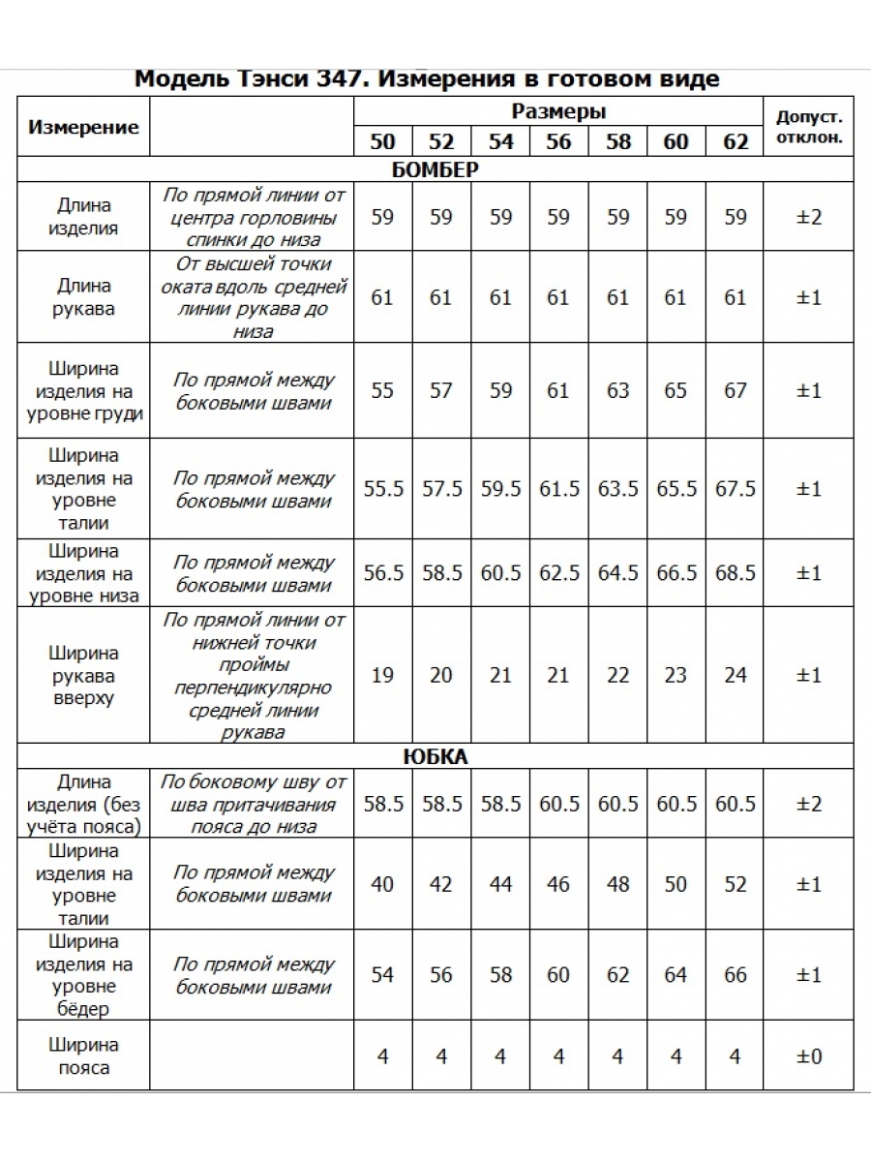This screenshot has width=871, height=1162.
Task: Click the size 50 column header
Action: pos(383,141)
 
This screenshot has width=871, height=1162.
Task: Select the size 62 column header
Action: pos(736,141)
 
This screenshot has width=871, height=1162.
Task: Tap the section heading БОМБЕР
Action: pos(435,169)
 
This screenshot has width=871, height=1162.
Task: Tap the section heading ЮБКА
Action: pos(435,757)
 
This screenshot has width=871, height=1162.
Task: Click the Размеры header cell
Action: pos(558,111)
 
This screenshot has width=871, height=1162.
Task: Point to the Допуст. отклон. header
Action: pos(809,127)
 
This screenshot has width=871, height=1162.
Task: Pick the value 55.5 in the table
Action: pos(383,489)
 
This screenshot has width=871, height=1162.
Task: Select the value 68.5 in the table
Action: pos(736,573)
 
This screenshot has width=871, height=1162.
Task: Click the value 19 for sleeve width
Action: pos(383,675)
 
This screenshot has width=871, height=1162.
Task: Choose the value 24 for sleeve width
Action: pos(736,675)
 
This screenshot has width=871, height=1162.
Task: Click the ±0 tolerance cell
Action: pos(809,1056)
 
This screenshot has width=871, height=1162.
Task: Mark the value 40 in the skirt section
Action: pos(383,884)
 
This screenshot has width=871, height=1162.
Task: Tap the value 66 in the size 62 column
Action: pos(736,975)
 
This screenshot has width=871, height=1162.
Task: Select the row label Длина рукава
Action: pos(84,297)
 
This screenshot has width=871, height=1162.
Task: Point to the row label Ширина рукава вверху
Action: pos(84,675)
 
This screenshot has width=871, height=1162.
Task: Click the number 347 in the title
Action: pos(339,79)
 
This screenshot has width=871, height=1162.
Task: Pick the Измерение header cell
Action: pos(84,127)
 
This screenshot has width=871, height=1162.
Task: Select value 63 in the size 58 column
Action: pos(617,391)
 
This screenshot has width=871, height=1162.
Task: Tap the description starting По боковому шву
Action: pos(253,804)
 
